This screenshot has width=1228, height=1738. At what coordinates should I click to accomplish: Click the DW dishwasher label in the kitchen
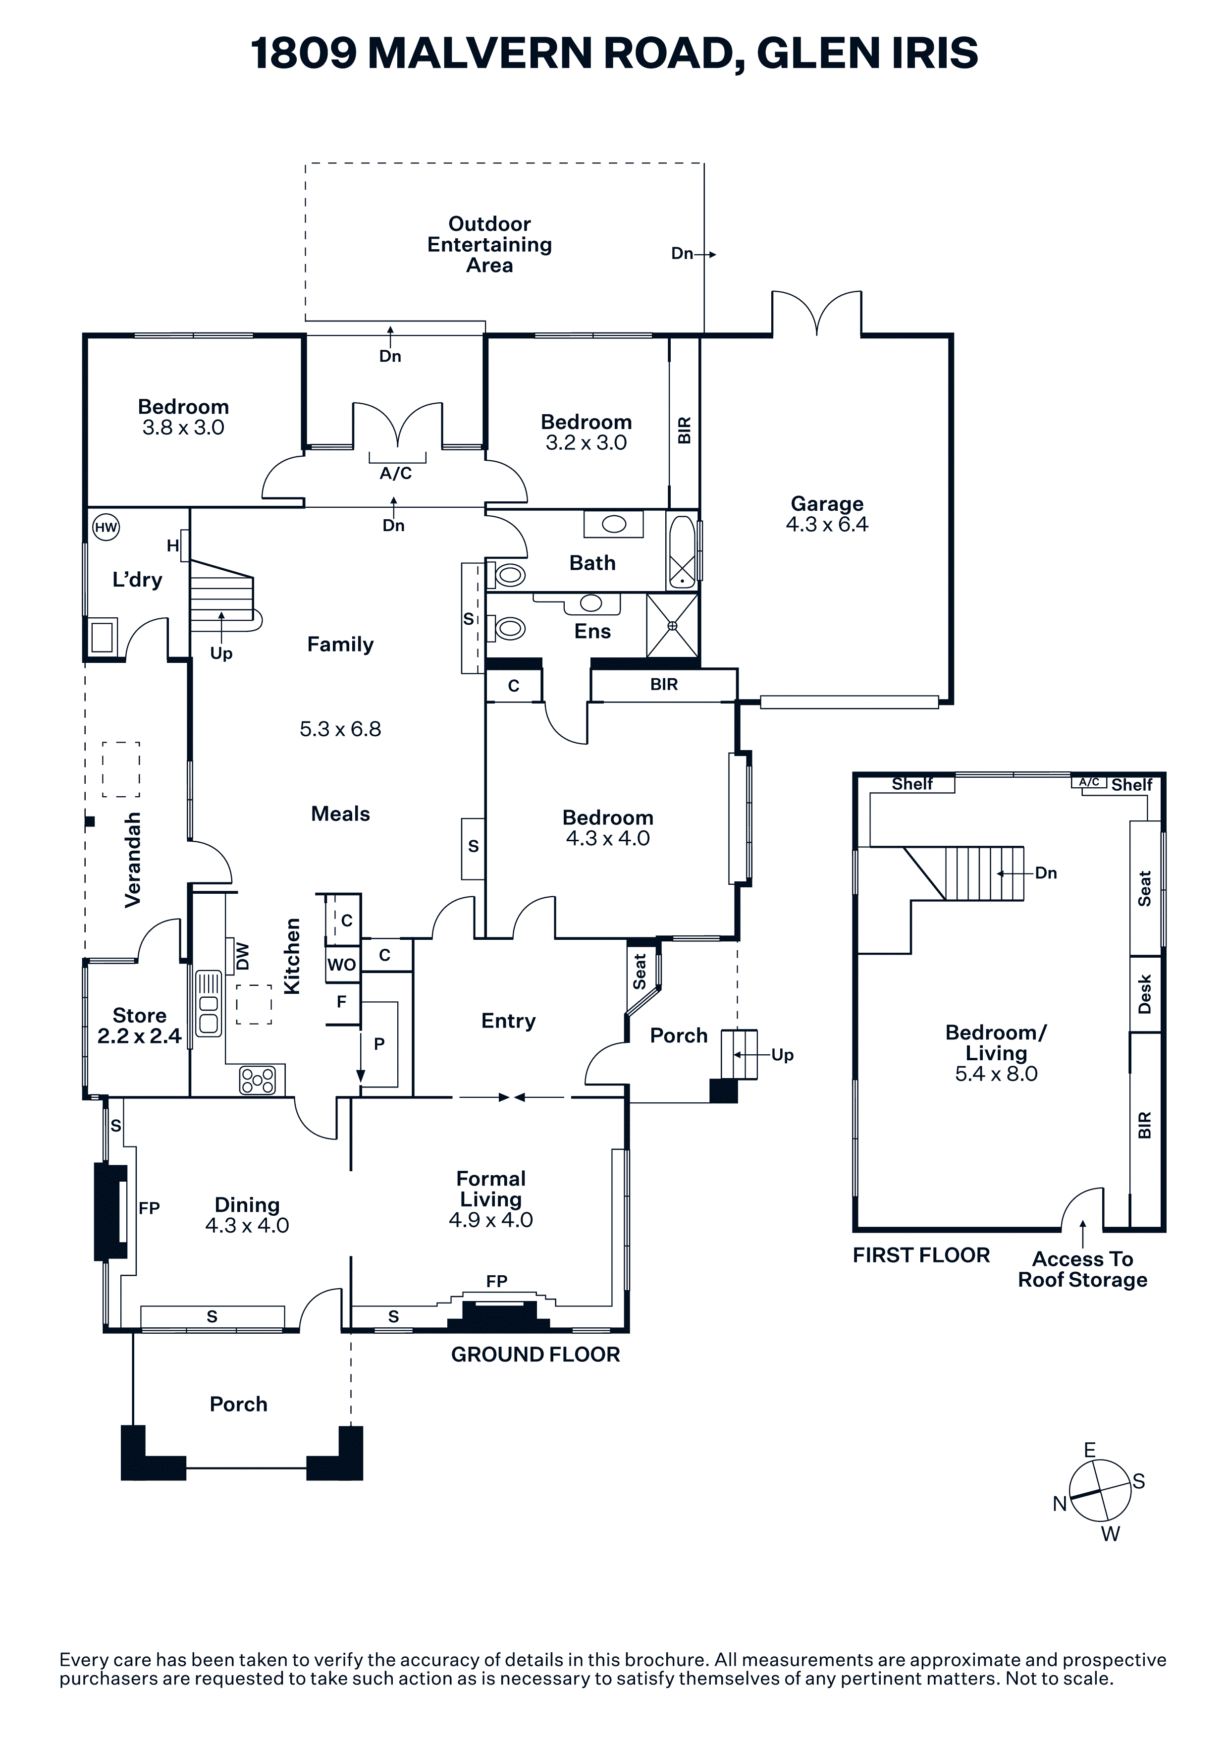coord(242,956)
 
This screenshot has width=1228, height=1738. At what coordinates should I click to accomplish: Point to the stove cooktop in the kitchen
coord(257,1080)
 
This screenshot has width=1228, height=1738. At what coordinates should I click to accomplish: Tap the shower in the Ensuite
coord(672,625)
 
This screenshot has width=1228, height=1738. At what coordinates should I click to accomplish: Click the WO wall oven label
coord(341,965)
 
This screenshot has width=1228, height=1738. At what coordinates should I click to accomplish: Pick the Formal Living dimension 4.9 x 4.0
coord(490,1219)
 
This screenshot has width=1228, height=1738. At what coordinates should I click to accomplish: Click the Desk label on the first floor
coord(1144,994)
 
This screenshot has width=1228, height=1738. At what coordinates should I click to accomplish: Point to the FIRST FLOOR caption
coord(921,1255)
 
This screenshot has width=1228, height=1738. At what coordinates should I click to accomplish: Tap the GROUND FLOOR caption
coord(535,1354)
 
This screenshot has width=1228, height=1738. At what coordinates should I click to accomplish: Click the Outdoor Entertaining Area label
coord(489,245)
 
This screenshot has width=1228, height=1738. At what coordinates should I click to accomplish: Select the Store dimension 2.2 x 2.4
coord(139,1035)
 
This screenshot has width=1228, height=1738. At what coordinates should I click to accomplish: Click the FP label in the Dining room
coord(149,1208)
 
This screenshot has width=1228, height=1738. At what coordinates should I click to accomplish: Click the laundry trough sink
coord(102,636)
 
